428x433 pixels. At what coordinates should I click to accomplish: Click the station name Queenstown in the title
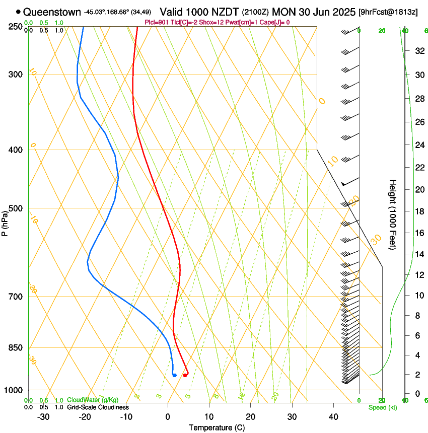(x=52, y=11)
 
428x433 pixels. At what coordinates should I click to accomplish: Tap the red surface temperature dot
(x=185, y=375)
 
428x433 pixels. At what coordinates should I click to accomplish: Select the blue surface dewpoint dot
(x=174, y=375)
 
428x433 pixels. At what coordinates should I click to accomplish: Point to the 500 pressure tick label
(x=16, y=208)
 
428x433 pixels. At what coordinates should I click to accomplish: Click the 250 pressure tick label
(x=16, y=26)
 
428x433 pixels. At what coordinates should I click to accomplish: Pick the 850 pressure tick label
(x=16, y=348)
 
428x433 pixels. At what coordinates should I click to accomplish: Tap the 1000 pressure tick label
(x=14, y=390)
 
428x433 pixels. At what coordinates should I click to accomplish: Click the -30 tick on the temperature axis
(x=43, y=417)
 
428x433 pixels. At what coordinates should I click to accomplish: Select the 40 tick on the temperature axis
(x=333, y=417)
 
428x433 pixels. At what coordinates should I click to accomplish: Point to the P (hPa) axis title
(x=5, y=222)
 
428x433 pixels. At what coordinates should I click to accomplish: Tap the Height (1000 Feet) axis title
(x=393, y=214)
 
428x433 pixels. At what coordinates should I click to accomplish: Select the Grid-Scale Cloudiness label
(x=98, y=407)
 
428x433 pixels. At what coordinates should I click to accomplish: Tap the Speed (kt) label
(x=382, y=407)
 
